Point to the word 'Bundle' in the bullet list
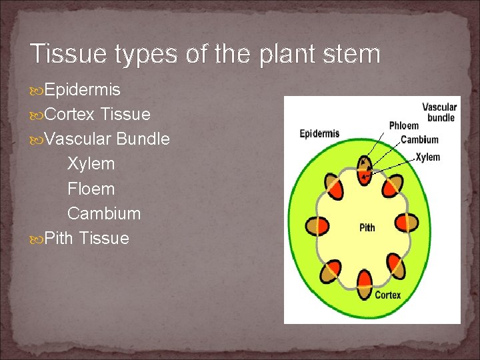(143, 139)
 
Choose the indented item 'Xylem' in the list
(91, 164)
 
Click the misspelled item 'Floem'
(91, 189)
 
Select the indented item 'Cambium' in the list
(104, 214)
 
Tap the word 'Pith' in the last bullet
(59, 239)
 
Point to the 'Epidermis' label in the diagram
(319, 133)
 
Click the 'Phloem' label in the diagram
(404, 125)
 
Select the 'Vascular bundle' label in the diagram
(439, 112)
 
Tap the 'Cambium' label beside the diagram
(419, 140)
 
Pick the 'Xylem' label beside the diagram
(427, 157)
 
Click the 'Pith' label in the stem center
(367, 228)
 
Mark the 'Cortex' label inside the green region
(387, 294)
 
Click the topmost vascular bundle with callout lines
(364, 169)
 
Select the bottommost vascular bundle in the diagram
(365, 284)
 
